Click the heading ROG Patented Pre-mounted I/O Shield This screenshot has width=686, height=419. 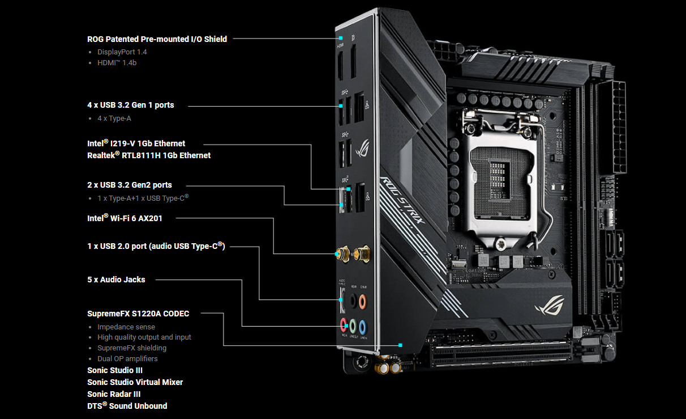pos(157,39)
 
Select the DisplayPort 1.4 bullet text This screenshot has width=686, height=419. pos(122,52)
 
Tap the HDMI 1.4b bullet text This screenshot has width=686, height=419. pos(117,63)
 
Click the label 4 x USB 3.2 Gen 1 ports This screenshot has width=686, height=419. pos(130,105)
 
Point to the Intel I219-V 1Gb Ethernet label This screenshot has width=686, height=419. pos(136,143)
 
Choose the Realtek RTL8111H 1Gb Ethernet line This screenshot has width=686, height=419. pos(149,155)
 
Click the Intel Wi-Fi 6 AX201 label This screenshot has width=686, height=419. pos(125,218)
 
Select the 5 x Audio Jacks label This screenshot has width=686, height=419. pos(116,280)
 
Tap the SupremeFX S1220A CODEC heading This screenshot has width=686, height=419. pos(138,314)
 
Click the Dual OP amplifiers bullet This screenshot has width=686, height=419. pos(127,359)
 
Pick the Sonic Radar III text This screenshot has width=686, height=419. pos(114,394)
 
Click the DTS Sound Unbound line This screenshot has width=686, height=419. pos(127,406)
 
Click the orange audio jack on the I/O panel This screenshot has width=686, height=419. pos(363,302)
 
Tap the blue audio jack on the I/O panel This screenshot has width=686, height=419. pos(363,327)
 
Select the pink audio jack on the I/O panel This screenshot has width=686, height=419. pos(344,325)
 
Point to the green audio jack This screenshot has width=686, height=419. pos(353,326)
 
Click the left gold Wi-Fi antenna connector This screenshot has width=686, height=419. pos(344,254)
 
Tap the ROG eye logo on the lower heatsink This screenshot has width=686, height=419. pos(550,305)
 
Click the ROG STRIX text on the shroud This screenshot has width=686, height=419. pos(403,201)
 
